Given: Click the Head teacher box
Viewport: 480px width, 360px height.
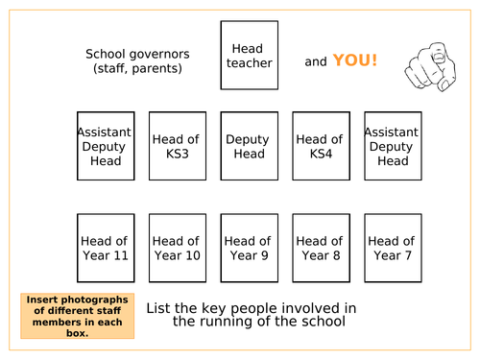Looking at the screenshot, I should click(x=250, y=56).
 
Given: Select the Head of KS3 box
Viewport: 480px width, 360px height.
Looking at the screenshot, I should click(x=177, y=146).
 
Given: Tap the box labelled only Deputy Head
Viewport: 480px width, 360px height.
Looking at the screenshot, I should click(x=248, y=146).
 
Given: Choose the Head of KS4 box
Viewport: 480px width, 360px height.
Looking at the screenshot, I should click(x=320, y=146).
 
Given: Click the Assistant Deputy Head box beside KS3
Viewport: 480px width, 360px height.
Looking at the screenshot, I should click(x=106, y=146).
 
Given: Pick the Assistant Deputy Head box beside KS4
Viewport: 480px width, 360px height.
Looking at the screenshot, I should click(x=393, y=146).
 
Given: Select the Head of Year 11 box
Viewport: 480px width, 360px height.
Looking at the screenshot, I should click(x=106, y=248).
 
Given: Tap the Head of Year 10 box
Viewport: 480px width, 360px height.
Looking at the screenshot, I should click(x=177, y=248).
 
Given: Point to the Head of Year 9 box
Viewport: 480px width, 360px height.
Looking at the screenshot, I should click(x=248, y=248).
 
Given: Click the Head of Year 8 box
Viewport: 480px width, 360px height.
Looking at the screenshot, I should click(x=320, y=248).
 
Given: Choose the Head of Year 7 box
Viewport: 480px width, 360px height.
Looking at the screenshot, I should click(x=393, y=248).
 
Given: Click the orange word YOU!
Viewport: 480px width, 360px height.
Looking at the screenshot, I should click(x=355, y=60).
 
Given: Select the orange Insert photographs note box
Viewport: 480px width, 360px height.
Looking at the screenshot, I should click(x=77, y=315).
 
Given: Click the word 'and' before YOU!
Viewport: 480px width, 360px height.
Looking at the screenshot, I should click(x=316, y=62).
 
